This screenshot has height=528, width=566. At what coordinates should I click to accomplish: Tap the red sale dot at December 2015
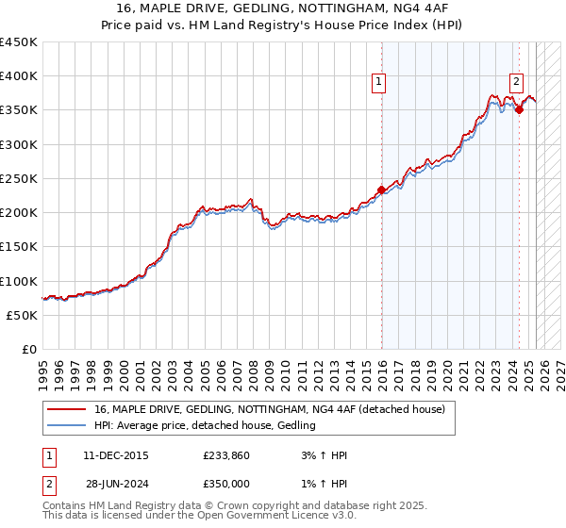click(x=382, y=190)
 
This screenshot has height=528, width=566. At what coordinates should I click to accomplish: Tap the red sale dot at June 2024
click(x=519, y=110)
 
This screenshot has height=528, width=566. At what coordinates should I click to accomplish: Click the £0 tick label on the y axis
click(x=29, y=350)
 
